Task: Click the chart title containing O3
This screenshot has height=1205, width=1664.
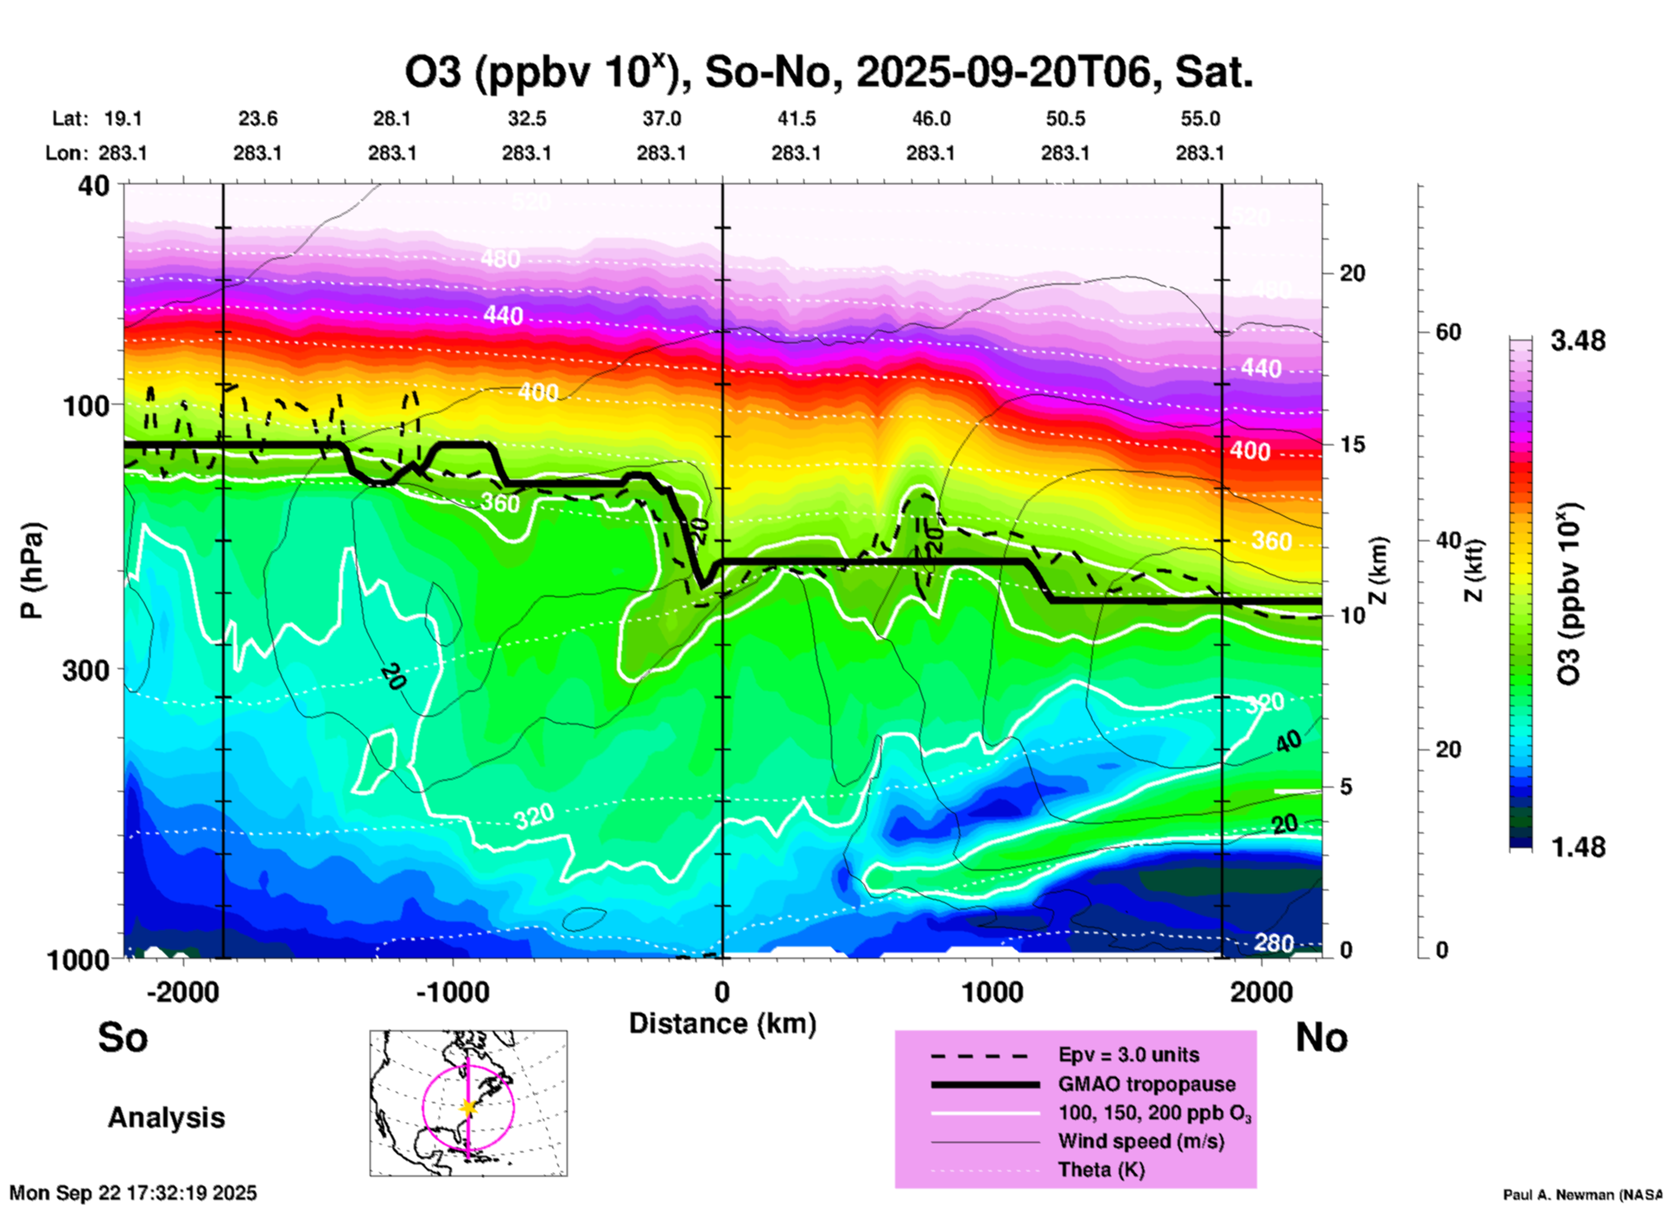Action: coord(829,73)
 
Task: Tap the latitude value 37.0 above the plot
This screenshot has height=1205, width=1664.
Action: coord(661,118)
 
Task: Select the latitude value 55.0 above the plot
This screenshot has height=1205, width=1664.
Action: coord(1200,118)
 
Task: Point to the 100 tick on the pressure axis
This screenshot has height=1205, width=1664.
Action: coord(86,405)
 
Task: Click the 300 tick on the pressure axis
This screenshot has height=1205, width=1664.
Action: coord(86,670)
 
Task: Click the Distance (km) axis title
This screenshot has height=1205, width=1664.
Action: coord(722,1023)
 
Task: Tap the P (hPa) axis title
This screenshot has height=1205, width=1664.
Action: coord(31,571)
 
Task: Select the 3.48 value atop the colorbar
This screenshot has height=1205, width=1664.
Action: coord(1578,341)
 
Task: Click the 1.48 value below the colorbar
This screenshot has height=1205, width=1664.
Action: coord(1578,847)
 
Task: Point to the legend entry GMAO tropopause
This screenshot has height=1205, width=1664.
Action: coord(1146,1084)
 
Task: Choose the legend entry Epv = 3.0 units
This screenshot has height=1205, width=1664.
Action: coord(1128,1055)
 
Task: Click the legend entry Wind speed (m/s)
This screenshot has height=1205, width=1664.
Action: coord(1140,1141)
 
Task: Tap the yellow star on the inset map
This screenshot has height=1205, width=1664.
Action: coord(468,1107)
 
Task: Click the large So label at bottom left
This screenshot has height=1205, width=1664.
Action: coord(123,1037)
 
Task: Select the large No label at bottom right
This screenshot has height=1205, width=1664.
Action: coord(1321,1037)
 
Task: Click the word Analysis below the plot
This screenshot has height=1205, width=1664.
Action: coord(166,1118)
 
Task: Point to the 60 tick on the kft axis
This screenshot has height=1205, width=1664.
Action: coord(1448,333)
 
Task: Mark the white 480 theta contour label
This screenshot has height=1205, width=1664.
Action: coord(501,258)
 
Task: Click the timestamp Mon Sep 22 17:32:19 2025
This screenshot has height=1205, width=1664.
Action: coord(133,1193)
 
